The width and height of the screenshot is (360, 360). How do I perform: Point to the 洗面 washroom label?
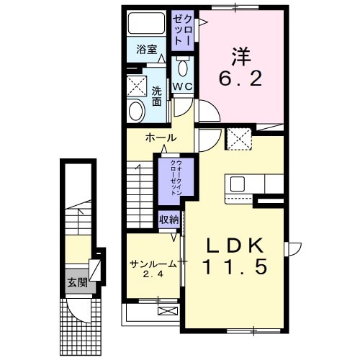pos(156,96)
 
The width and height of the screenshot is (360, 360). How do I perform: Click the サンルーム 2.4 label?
pos(153,269)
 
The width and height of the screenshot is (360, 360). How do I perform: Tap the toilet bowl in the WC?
pos(183,69)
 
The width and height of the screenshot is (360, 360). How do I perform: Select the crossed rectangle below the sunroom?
pos(166,312)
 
